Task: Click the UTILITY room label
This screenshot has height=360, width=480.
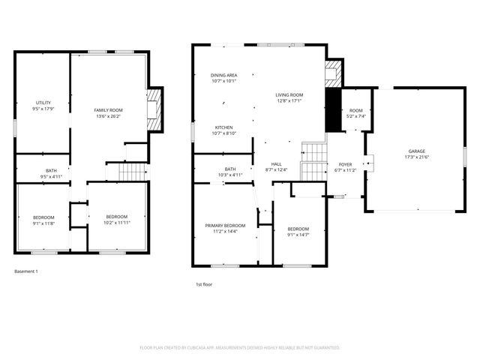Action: click(x=43, y=106)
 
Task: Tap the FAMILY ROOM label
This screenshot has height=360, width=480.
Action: click(x=108, y=112)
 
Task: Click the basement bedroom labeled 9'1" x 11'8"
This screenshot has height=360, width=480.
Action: click(x=43, y=220)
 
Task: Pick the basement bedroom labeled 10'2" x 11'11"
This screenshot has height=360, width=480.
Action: click(x=117, y=220)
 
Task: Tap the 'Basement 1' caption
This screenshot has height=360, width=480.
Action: click(x=26, y=271)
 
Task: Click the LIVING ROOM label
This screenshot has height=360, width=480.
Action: click(x=289, y=98)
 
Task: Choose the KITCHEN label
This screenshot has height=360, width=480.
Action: click(x=225, y=130)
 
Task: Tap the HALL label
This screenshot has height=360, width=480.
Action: click(x=276, y=166)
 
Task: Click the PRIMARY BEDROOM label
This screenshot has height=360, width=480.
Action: click(x=225, y=228)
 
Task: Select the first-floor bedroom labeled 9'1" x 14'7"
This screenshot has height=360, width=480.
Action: click(x=298, y=232)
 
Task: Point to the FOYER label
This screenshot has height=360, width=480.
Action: click(x=345, y=166)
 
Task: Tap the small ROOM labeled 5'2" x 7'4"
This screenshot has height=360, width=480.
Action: click(x=355, y=113)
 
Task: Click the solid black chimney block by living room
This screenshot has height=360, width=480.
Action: click(x=334, y=112)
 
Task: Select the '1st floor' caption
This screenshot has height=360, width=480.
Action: click(x=205, y=285)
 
